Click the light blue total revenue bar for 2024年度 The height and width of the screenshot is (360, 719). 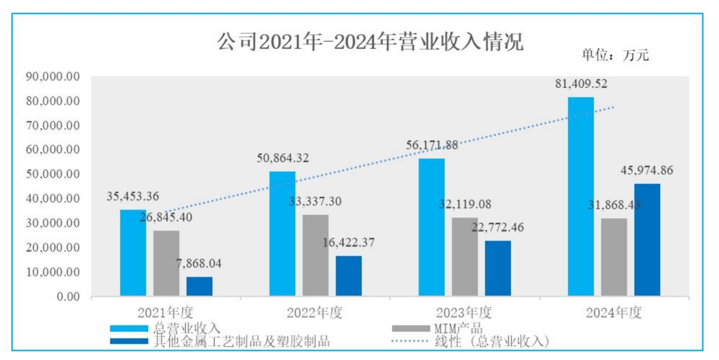[x=581, y=196]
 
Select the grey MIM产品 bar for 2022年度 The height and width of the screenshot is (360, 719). [x=315, y=255]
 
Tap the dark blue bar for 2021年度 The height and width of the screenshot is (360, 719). [x=199, y=286]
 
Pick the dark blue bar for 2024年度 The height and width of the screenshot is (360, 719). [x=647, y=240]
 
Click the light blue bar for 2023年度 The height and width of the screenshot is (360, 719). [x=432, y=227]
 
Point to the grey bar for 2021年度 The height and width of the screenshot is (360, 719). [x=166, y=263]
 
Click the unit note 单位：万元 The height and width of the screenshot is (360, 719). [x=615, y=56]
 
